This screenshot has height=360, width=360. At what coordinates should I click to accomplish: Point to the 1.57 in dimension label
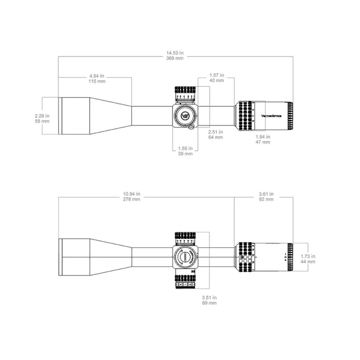[x=216, y=75]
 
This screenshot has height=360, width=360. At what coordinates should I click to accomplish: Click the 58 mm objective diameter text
[x=42, y=121]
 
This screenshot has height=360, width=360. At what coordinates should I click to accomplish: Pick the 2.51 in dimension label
[x=215, y=131]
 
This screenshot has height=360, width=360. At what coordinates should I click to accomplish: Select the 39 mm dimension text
[x=185, y=153]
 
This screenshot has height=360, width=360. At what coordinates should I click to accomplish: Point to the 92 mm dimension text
[x=266, y=200]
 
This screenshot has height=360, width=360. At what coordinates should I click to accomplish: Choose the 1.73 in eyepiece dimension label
[x=308, y=256]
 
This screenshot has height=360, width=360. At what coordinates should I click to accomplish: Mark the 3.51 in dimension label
[x=209, y=297]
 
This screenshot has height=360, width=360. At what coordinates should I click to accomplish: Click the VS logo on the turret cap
[x=185, y=115]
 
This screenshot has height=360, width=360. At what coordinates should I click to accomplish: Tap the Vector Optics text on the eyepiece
[x=271, y=115]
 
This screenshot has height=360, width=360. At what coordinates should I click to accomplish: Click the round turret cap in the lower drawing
[x=185, y=258]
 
